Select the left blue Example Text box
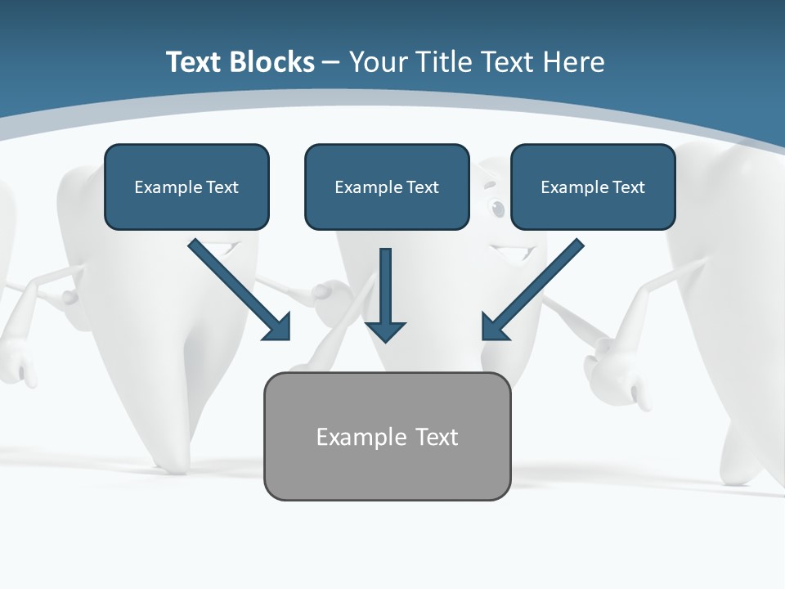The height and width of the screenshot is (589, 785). click(x=186, y=187)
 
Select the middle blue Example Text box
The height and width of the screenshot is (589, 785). click(x=387, y=187)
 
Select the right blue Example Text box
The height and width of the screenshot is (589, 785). click(x=593, y=187)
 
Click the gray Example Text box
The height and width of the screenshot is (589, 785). click(x=387, y=436)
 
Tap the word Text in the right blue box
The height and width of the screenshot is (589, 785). click(x=628, y=187)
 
